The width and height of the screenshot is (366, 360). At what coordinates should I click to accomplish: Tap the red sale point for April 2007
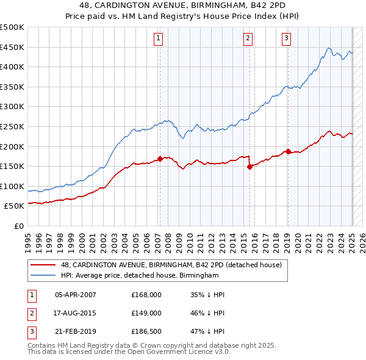(x=160, y=159)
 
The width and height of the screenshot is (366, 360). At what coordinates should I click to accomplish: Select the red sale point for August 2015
(x=250, y=167)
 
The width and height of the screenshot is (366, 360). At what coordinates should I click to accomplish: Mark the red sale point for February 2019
(x=288, y=151)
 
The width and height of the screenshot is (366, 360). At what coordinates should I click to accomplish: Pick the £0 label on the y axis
(x=19, y=226)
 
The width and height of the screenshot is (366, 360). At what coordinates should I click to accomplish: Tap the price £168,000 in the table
(x=146, y=294)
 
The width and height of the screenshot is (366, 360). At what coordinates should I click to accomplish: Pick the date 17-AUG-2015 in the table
(x=75, y=312)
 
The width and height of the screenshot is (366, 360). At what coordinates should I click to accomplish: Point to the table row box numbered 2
(x=30, y=312)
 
